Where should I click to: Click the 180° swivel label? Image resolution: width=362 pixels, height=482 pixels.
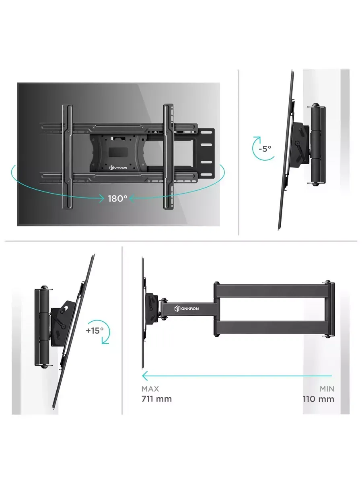(117, 199)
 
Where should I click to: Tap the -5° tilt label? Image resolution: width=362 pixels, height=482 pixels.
(265, 149)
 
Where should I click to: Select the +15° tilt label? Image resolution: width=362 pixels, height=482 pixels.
(95, 330)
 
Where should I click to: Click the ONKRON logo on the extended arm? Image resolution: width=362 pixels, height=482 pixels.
(186, 308)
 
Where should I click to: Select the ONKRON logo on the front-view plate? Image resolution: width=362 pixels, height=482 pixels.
(118, 167)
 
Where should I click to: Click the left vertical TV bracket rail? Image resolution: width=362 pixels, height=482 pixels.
(68, 157)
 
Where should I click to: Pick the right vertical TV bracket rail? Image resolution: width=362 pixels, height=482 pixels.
(169, 157)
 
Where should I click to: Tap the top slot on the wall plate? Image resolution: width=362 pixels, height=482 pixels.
(206, 133)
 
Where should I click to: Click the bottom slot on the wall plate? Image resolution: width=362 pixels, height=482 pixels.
(206, 175)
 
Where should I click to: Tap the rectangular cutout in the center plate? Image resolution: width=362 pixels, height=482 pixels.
(118, 152)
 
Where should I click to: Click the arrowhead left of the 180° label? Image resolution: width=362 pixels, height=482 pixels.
(101, 198)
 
